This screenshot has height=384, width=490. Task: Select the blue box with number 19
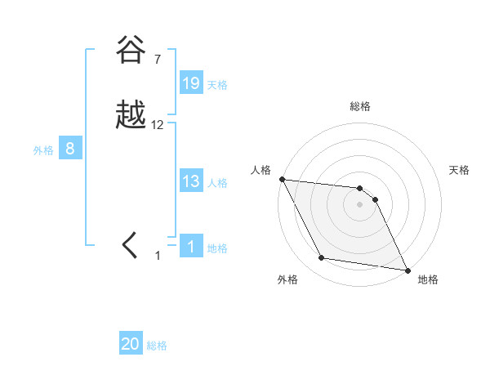(x=191, y=83)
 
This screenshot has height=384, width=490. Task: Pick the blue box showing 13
(x=191, y=181)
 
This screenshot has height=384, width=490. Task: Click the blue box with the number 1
(x=191, y=247)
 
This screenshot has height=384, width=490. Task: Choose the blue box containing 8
(x=70, y=149)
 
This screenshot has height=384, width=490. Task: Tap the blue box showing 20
(x=131, y=344)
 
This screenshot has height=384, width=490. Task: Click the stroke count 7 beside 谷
(x=157, y=60)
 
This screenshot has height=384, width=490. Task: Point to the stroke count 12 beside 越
(x=158, y=125)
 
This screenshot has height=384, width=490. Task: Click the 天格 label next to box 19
(x=217, y=84)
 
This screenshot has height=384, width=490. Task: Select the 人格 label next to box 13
(x=217, y=183)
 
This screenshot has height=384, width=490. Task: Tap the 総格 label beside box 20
(x=157, y=346)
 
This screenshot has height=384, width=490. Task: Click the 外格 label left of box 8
(x=43, y=150)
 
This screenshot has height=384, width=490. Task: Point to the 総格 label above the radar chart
(x=359, y=106)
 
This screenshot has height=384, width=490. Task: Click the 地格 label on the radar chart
(x=428, y=279)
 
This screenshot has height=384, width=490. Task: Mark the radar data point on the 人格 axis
(x=282, y=179)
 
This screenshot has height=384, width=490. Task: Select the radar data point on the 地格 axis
(x=408, y=270)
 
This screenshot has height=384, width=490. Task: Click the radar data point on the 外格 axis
(x=322, y=258)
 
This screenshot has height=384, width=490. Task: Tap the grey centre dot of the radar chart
(x=359, y=204)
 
